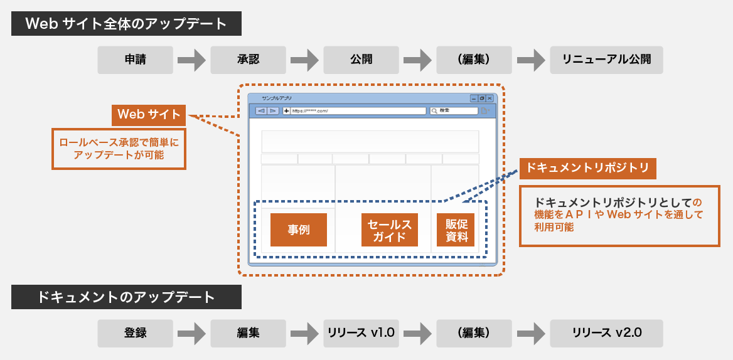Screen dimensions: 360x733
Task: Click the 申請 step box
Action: click(135, 60)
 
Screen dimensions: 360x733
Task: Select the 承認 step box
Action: click(248, 60)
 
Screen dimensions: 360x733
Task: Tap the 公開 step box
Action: click(361, 60)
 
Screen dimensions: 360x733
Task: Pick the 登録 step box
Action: click(135, 332)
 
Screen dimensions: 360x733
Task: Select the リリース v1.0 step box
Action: click(361, 332)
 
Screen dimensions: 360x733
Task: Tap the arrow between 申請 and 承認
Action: click(191, 60)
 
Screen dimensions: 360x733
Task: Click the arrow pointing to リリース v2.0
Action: click(530, 333)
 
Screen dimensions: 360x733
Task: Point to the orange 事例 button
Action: click(299, 230)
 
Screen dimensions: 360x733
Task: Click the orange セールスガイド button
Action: click(389, 230)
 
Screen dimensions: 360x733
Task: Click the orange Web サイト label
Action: click(149, 115)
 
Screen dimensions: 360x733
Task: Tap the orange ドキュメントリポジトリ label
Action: click(587, 168)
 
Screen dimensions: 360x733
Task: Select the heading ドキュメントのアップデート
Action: click(126, 297)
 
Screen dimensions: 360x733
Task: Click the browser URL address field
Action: click(358, 111)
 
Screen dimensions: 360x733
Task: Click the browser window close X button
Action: click(490, 98)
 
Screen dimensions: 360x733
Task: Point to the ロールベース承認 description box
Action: click(119, 149)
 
